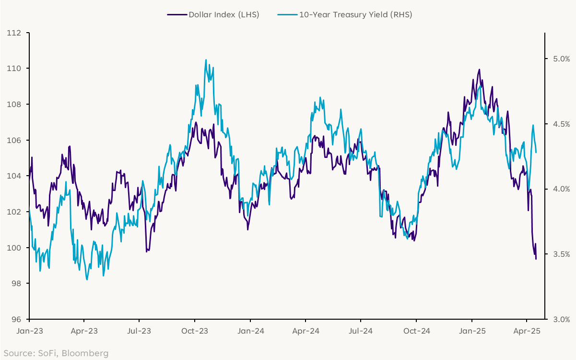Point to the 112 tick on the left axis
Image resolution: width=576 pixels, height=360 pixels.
[15, 33]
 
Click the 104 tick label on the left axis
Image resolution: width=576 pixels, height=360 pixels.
[15, 176]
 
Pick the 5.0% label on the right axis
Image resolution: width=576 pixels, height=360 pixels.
[558, 59]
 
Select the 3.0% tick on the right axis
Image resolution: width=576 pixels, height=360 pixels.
[558, 319]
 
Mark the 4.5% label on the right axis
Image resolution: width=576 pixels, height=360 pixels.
[558, 124]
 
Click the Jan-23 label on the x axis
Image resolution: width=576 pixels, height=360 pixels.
[29, 331]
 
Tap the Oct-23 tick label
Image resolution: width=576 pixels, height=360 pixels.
[195, 331]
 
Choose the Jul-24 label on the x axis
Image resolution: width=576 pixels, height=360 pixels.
[361, 331]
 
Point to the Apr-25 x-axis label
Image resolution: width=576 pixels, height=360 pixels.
[527, 331]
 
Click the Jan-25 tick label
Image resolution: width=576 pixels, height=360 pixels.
[471, 331]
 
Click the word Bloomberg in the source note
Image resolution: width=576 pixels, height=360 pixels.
[85, 354]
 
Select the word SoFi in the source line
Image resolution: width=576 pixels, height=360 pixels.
[48, 354]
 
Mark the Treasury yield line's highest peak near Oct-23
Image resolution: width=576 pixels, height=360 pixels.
[206, 60]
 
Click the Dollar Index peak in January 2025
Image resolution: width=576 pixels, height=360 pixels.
[479, 70]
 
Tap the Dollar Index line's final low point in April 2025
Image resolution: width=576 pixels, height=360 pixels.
[536, 259]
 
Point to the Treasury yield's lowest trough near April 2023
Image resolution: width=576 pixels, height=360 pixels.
[87, 279]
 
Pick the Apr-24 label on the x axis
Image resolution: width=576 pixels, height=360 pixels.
[306, 331]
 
